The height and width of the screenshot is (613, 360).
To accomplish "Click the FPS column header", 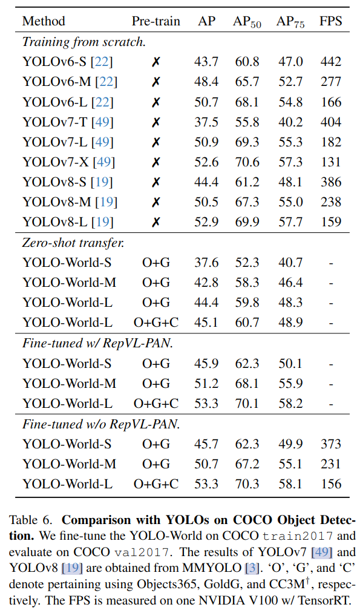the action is point(331,21).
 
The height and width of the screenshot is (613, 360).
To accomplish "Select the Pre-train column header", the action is point(155,21).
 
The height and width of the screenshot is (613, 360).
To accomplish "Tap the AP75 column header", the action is point(290,22).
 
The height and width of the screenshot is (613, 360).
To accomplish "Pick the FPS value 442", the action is point(331,61).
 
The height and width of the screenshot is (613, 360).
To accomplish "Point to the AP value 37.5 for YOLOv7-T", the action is point(206,122).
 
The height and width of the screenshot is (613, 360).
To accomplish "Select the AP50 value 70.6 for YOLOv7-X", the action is point(247,162).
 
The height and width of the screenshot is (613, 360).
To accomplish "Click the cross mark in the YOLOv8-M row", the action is point(155,202).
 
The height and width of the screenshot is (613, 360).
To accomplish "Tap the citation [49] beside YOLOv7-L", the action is point(102,142).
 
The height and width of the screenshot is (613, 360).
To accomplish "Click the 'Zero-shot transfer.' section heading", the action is point(73,243).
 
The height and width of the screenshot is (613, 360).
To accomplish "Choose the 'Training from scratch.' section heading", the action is point(84,42).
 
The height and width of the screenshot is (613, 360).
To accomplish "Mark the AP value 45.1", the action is point(206,323).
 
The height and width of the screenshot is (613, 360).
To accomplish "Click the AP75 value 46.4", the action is point(290,282).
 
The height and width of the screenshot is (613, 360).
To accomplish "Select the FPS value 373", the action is point(331,444).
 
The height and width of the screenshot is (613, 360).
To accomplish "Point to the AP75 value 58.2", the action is point(290,403).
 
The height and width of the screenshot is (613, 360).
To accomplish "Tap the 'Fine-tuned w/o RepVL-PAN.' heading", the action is point(101,424).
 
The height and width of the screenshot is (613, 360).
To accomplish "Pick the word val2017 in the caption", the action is point(142,552).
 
